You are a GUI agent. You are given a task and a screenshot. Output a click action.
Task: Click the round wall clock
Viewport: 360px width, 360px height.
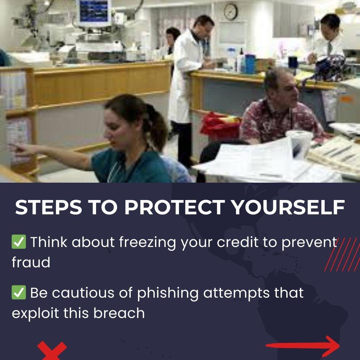point(231,12)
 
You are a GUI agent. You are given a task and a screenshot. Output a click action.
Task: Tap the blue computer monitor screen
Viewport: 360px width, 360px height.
point(94,11)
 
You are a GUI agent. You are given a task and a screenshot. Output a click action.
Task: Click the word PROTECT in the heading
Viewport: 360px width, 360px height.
point(174,207)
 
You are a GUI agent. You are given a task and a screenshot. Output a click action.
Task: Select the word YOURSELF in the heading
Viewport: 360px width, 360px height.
point(288,207)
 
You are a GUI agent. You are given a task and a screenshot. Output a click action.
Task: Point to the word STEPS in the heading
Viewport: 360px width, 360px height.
point(48,207)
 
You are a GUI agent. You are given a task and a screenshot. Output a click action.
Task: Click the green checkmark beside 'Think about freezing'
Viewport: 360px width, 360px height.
point(19,242)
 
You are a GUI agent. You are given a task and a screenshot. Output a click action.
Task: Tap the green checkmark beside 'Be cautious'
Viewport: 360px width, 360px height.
point(19,292)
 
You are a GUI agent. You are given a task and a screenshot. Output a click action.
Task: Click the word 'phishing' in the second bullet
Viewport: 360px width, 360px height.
point(168,294)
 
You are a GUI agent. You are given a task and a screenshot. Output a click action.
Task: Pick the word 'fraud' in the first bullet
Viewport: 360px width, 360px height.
point(31,262)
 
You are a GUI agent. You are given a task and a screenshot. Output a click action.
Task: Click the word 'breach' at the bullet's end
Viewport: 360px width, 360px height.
point(119,313)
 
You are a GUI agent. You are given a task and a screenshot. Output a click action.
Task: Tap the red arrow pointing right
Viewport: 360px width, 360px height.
point(303,346)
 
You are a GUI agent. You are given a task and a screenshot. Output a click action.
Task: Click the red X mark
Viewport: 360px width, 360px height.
point(52,351)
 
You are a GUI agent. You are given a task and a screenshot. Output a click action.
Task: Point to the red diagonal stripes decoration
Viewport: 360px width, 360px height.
point(342,254)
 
